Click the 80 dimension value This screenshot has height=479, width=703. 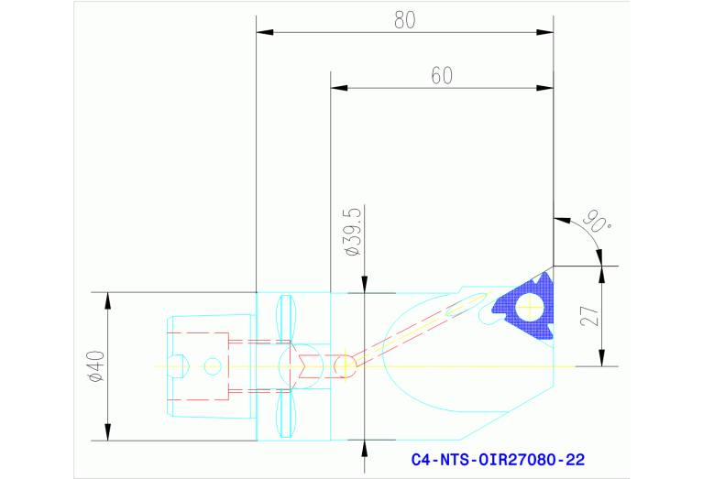[x=404, y=19]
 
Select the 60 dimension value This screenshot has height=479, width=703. [x=442, y=75]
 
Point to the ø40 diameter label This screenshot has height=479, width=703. [x=94, y=366]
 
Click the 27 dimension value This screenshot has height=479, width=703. [x=590, y=316]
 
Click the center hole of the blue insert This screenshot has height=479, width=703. [x=529, y=308]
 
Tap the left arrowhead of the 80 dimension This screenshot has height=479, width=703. [x=264, y=33]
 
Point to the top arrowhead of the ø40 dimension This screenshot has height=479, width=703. [x=108, y=300]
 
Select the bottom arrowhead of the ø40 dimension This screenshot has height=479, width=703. [x=108, y=431]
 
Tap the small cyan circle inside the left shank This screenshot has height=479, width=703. [x=213, y=366]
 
